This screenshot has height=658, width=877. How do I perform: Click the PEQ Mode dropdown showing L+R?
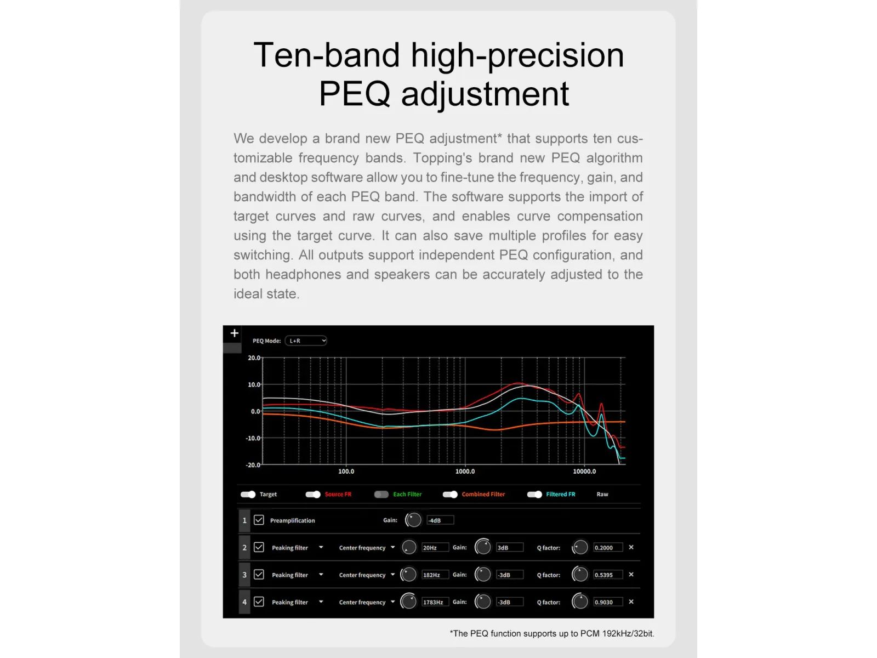pyautogui.click(x=306, y=341)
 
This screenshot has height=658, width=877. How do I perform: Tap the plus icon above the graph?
pyautogui.click(x=235, y=333)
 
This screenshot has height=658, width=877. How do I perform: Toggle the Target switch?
pyautogui.click(x=248, y=494)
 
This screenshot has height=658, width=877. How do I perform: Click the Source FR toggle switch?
pyautogui.click(x=313, y=494)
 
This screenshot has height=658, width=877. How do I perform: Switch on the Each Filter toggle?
pyautogui.click(x=381, y=494)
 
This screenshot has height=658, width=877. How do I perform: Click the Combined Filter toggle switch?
pyautogui.click(x=450, y=494)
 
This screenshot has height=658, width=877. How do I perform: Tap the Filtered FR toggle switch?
pyautogui.click(x=534, y=494)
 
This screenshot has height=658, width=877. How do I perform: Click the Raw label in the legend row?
pyautogui.click(x=602, y=494)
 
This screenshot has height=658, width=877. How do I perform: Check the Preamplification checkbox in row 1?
pyautogui.click(x=259, y=520)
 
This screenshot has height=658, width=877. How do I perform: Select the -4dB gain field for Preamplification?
pyautogui.click(x=440, y=520)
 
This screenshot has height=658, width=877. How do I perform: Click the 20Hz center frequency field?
pyautogui.click(x=435, y=547)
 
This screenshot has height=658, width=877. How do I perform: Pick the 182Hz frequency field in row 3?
pyautogui.click(x=435, y=575)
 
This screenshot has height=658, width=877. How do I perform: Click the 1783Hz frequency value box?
pyautogui.click(x=435, y=602)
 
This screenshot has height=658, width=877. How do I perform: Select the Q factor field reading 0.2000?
pyautogui.click(x=608, y=547)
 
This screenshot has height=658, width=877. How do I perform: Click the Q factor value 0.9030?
pyautogui.click(x=608, y=602)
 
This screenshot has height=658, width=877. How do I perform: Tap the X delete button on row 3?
pyautogui.click(x=631, y=574)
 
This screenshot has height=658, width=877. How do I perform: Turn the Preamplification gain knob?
pyautogui.click(x=413, y=520)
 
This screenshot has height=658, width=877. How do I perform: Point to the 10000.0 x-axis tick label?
pyautogui.click(x=584, y=472)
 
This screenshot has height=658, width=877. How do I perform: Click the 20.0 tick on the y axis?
pyautogui.click(x=254, y=358)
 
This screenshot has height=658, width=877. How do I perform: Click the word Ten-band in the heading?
pyautogui.click(x=327, y=55)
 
